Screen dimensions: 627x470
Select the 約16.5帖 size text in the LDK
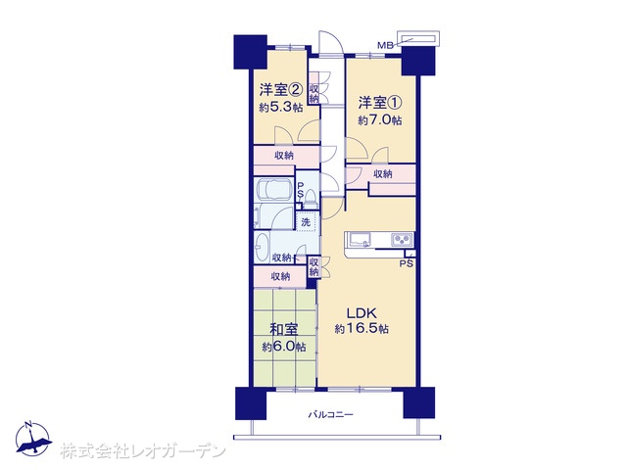coord(362,329)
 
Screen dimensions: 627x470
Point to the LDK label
coord(362,312)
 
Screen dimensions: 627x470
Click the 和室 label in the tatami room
coord(283,330)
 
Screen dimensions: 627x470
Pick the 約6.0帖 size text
coord(284,347)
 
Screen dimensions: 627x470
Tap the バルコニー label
coord(331,414)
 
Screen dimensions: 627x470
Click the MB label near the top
coord(385,45)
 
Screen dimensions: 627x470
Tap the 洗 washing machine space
coord(307,222)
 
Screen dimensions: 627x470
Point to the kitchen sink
coord(361,239)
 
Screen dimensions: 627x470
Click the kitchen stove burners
coord(402,239)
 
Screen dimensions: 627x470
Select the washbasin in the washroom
coord(262,247)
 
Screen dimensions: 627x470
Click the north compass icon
coord(33,438)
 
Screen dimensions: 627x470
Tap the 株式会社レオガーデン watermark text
coord(143,451)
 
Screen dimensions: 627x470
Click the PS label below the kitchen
coord(407,263)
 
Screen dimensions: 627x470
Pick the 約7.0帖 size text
coord(380,120)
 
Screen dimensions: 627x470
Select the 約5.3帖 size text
coord(281,108)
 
